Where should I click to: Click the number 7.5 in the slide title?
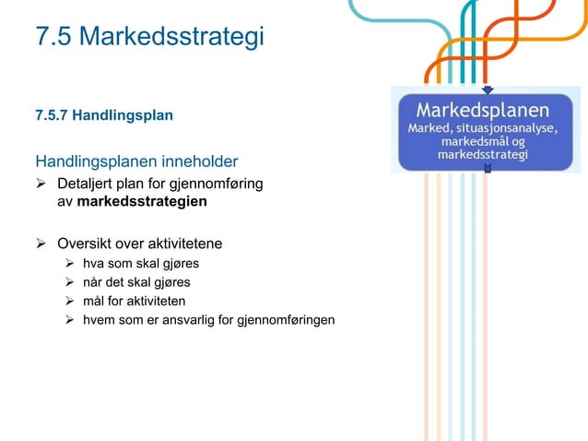53,37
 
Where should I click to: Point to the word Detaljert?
86,184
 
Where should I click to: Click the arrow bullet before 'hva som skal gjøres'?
69,264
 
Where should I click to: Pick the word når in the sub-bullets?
94,282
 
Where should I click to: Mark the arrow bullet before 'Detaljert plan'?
41,184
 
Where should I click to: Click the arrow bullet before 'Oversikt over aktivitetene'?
41,244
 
